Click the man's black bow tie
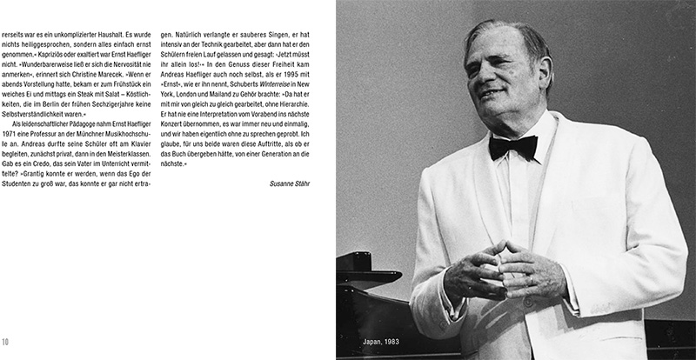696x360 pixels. [x=512, y=145]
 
